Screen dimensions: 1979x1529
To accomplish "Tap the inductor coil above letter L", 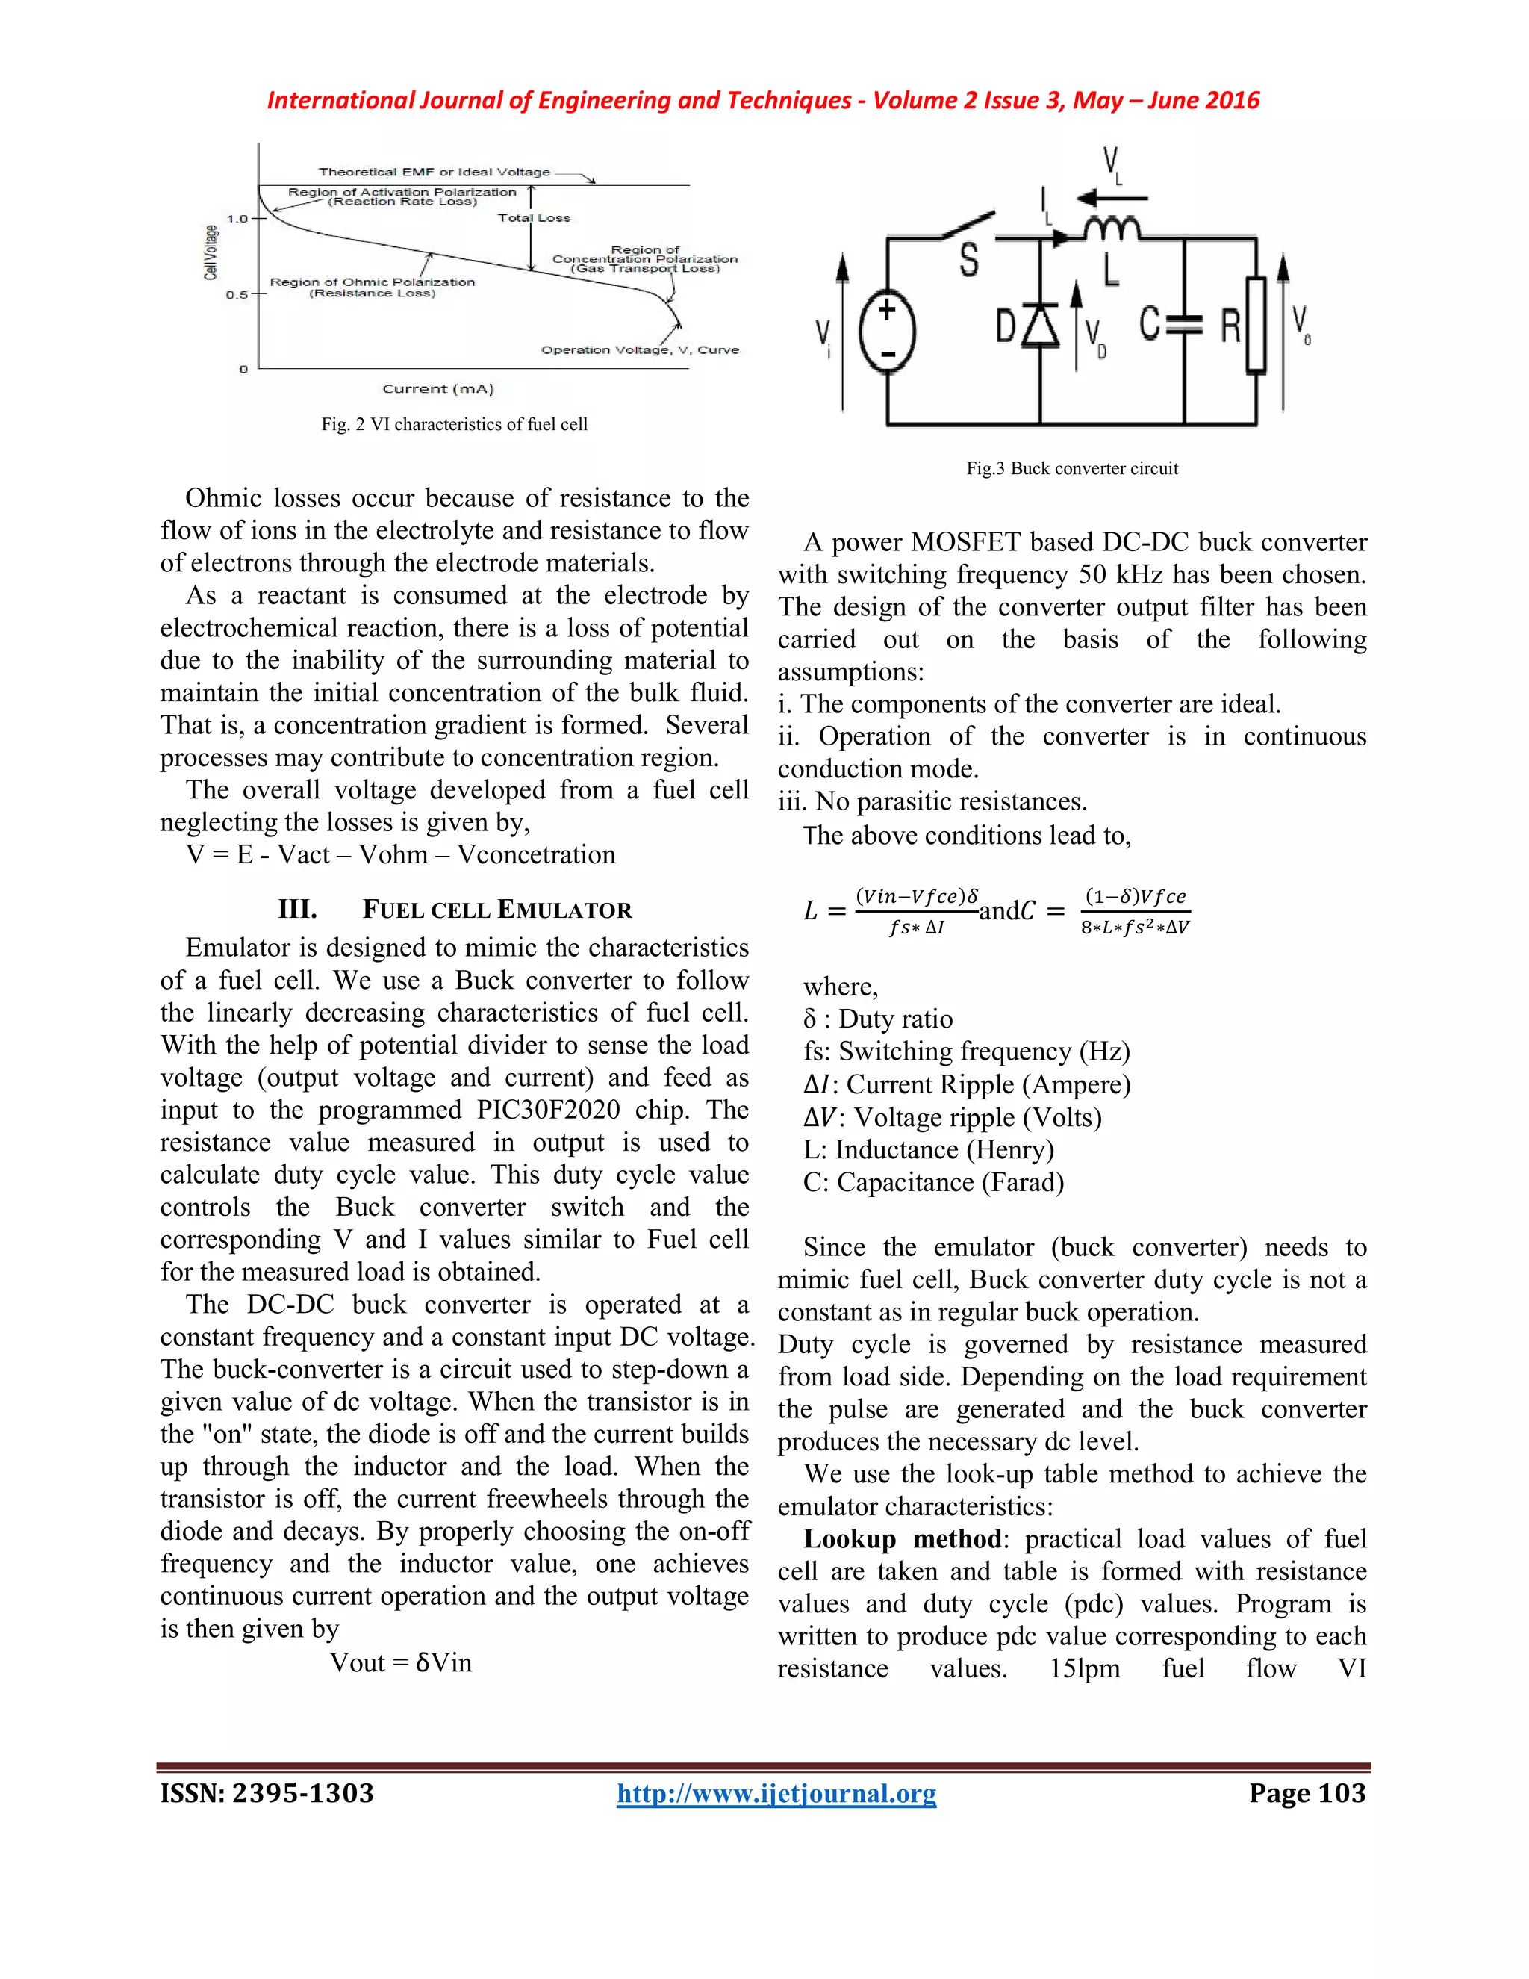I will (1112, 230).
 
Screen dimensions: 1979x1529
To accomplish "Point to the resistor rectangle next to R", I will (1256, 324).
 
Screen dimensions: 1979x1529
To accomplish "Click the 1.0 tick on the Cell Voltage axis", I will (238, 218).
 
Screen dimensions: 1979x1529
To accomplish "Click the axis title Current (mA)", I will (437, 389).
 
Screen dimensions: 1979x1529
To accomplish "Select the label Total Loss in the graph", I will (534, 218).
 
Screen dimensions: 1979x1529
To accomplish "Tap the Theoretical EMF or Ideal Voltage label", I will (434, 171).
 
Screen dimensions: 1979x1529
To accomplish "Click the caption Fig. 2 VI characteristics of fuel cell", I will (454, 424).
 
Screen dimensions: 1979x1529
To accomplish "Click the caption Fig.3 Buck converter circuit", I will (1071, 468).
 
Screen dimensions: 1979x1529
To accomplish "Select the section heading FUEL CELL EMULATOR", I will (497, 910).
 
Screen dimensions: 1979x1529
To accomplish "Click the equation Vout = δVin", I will (400, 1663).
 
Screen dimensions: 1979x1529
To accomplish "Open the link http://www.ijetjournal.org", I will (776, 1793).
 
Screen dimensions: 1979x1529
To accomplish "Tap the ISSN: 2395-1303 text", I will (267, 1793).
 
